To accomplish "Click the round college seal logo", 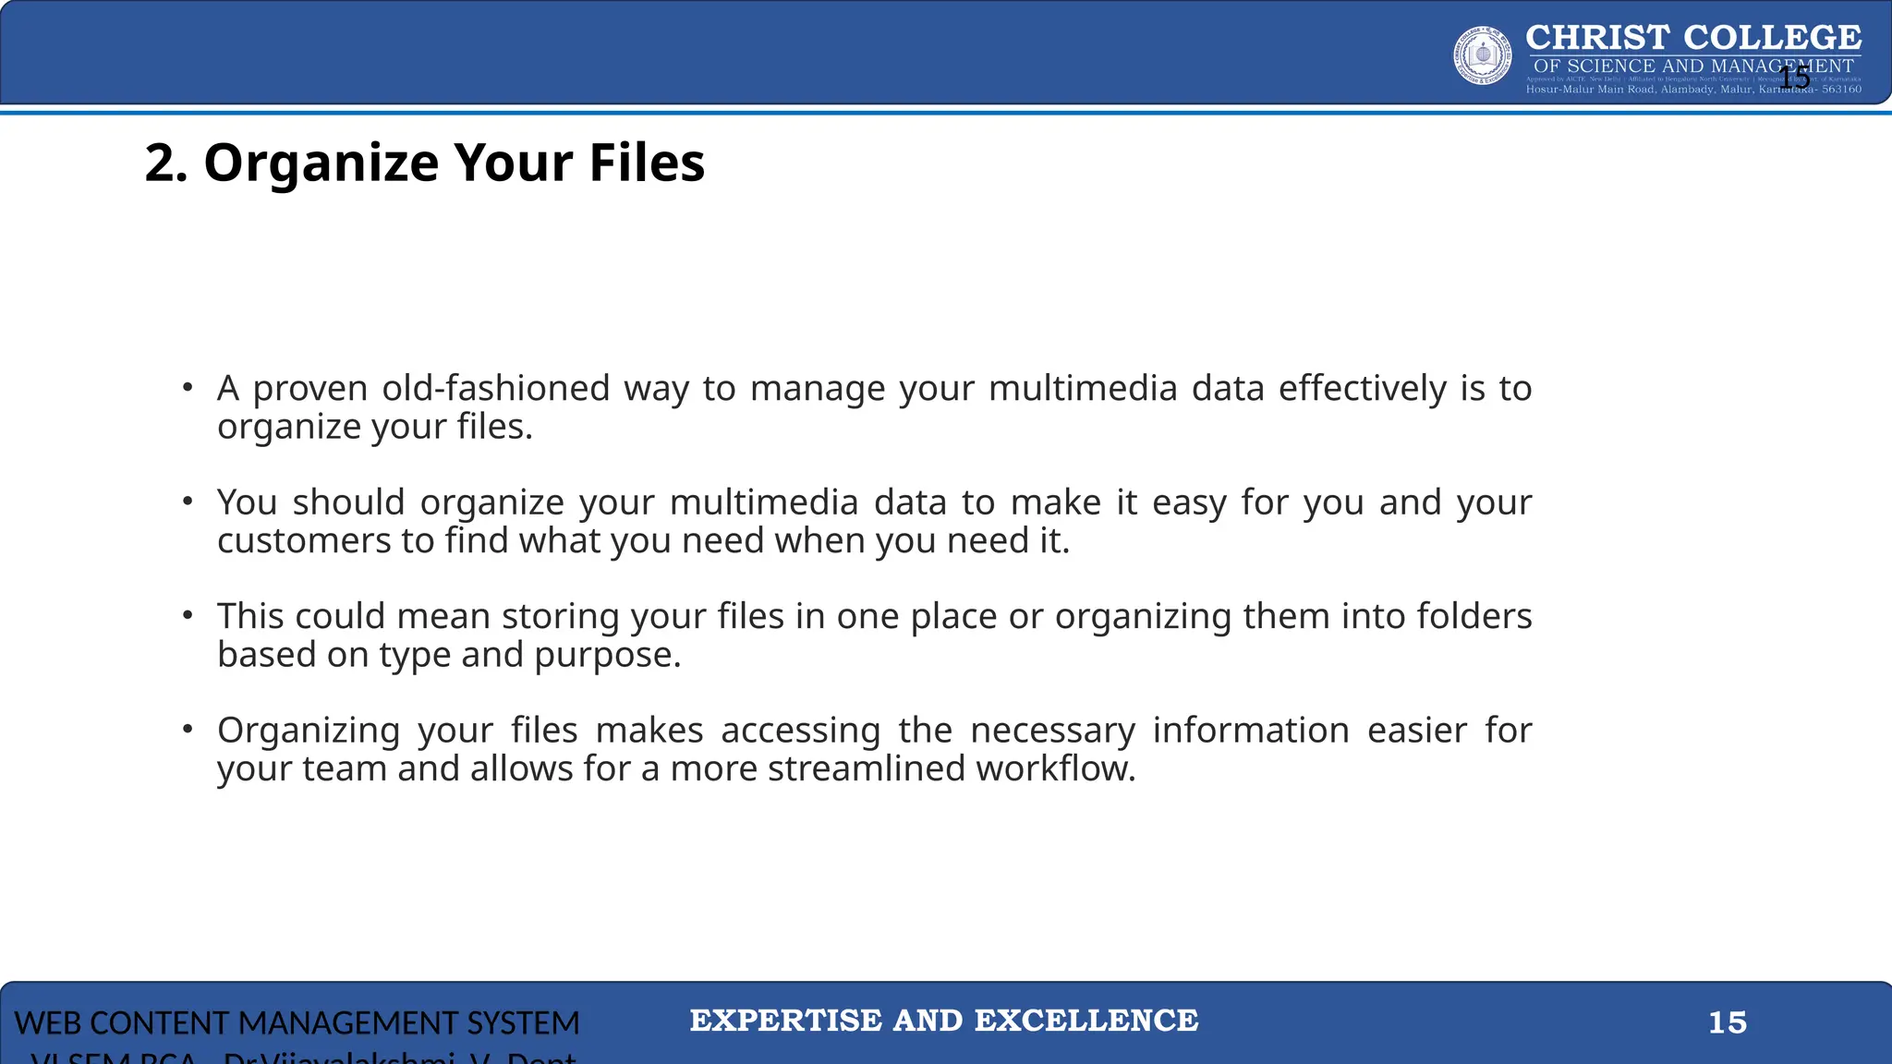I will point(1483,55).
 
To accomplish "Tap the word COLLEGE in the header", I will point(1772,38).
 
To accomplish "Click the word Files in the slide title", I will point(647,163).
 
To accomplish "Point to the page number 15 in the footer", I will point(1727,1022).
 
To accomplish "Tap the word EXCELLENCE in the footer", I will point(1086,1021).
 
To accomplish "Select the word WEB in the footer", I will point(47,1023).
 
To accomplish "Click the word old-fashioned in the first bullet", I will point(495,389).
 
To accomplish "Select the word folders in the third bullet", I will point(1474,617).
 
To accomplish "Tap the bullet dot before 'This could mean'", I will point(188,615).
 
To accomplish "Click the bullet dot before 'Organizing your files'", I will point(188,730).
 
